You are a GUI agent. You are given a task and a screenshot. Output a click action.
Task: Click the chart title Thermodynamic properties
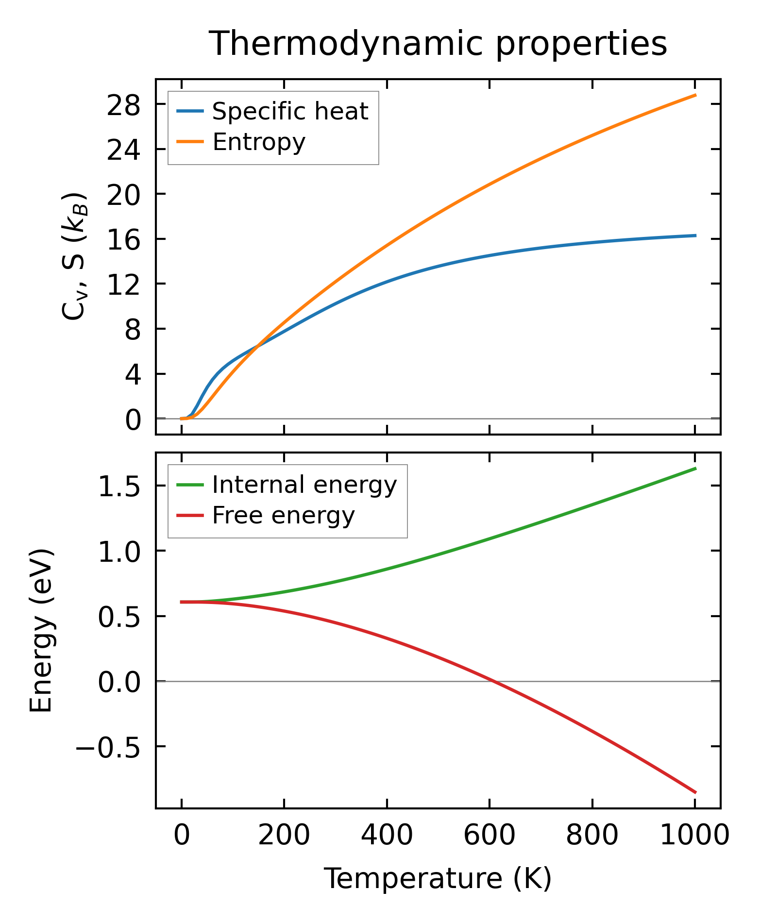tap(438, 44)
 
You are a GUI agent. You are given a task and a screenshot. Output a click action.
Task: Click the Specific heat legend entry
tap(290, 112)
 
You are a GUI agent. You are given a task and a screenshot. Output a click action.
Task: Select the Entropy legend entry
tap(258, 142)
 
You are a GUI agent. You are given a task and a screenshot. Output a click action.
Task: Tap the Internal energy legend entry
tap(304, 485)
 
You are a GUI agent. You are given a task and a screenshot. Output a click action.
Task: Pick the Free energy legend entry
tap(283, 516)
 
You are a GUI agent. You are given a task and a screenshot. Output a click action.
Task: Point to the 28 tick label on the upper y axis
tap(123, 105)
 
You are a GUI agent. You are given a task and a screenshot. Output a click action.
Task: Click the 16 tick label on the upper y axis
tap(123, 240)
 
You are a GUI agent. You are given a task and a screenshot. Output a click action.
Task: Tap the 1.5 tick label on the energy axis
tap(119, 487)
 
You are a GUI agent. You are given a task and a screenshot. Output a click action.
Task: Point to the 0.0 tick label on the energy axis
tap(119, 682)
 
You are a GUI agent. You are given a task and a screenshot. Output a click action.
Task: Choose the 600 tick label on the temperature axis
tap(490, 836)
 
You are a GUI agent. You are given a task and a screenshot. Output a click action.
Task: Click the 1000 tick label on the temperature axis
tap(695, 836)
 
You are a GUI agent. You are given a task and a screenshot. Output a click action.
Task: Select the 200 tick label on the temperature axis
tap(284, 836)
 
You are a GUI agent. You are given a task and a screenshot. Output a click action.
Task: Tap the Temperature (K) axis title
tap(438, 879)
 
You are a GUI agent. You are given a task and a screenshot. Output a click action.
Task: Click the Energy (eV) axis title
tap(41, 631)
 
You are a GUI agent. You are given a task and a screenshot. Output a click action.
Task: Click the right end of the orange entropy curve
tap(695, 95)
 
